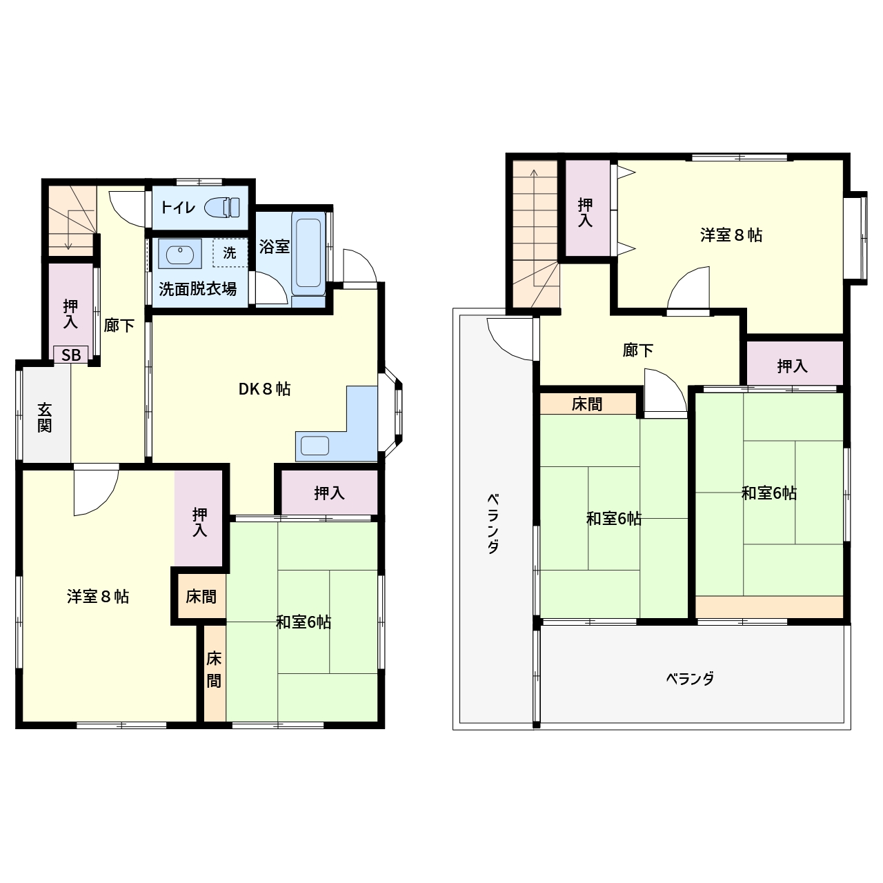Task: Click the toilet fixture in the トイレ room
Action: click(x=222, y=207)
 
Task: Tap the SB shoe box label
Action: click(x=71, y=355)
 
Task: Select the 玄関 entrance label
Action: click(x=44, y=417)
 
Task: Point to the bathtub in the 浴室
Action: click(x=308, y=252)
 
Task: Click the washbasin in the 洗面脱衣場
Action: click(x=180, y=254)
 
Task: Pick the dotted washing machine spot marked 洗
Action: click(x=230, y=252)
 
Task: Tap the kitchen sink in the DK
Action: click(x=315, y=446)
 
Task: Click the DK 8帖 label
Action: click(x=264, y=389)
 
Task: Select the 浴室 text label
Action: click(x=274, y=246)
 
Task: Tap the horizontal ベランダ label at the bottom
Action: click(x=690, y=679)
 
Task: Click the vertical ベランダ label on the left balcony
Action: click(x=493, y=524)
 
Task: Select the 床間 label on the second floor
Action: click(x=587, y=404)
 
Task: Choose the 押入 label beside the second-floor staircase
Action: click(x=585, y=212)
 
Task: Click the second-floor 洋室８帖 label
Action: click(x=731, y=235)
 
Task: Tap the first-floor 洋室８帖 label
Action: click(x=97, y=597)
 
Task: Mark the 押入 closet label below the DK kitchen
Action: click(x=329, y=493)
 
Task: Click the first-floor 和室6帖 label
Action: click(x=304, y=622)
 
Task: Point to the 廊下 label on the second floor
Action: click(x=638, y=350)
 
